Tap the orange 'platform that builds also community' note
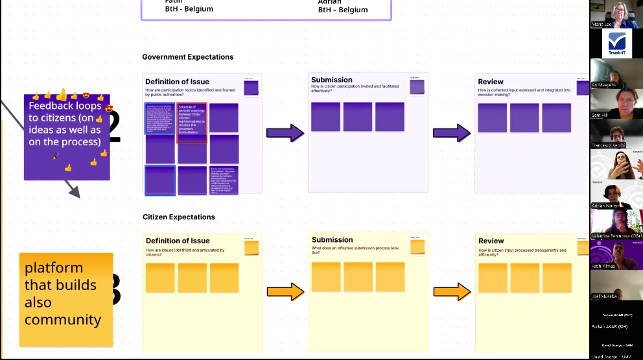[66, 298]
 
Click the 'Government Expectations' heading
[187, 57]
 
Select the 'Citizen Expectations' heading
[178, 217]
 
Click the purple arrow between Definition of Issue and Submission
[285, 134]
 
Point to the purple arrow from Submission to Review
[452, 134]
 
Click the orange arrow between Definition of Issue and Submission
[285, 292]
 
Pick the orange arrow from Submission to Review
[452, 292]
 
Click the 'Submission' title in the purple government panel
[332, 80]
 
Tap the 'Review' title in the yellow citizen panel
[491, 241]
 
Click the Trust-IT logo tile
[616, 43]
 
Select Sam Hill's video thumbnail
[616, 102]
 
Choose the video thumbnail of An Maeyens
[616, 72]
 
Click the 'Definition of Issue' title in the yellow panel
[178, 241]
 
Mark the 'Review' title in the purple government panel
[491, 82]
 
